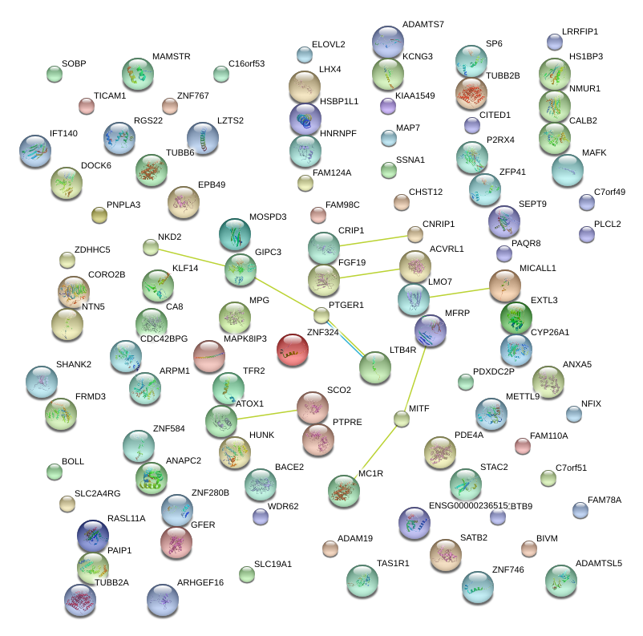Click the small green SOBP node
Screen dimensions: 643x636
54,75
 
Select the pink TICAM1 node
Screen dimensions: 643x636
87,106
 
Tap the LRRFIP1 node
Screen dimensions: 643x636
554,42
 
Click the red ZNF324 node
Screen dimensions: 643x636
292,350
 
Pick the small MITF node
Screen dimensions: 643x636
402,418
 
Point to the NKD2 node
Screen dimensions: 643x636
151,247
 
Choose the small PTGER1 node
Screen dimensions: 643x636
321,314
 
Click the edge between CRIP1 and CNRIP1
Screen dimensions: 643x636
370,241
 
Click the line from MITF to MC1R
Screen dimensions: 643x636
375,451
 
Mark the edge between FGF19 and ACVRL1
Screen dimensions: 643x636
370,273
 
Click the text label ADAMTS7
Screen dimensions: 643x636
423,25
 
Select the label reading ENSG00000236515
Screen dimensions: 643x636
469,505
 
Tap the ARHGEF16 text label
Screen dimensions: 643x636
200,583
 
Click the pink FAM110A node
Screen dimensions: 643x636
523,445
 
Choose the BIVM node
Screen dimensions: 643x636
528,549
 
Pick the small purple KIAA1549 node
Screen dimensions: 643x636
388,105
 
